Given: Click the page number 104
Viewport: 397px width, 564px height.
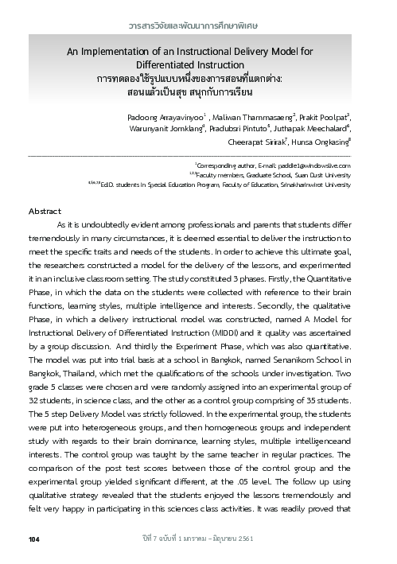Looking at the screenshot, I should click(x=33, y=540).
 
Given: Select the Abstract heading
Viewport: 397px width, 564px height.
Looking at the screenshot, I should click(x=45, y=211).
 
